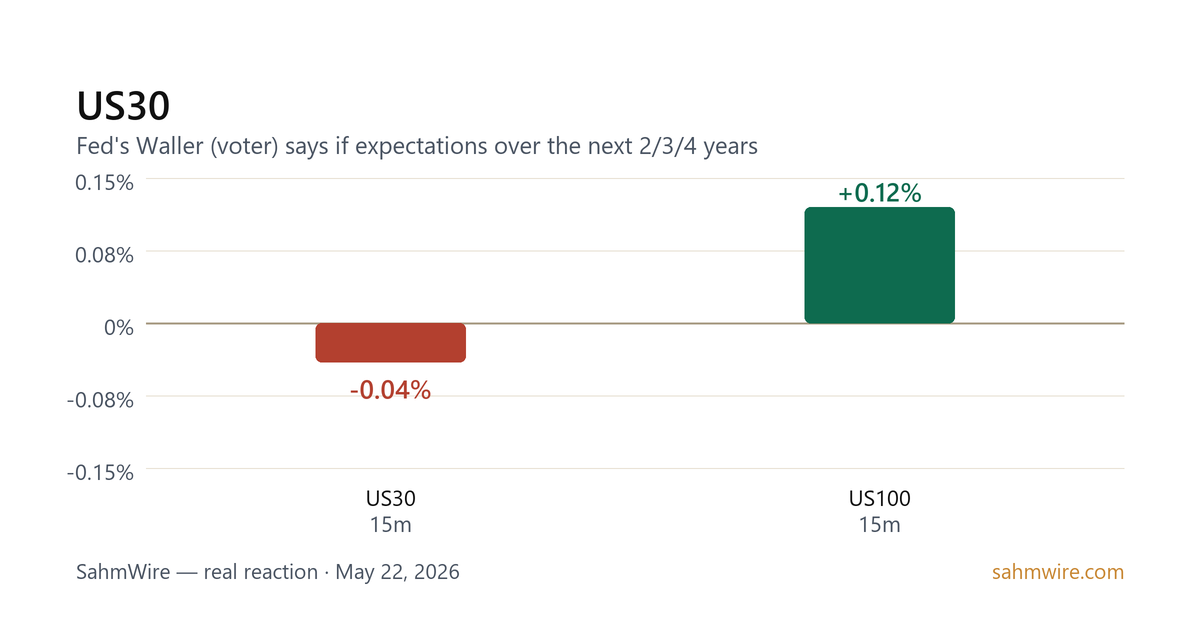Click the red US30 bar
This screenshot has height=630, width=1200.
click(x=391, y=343)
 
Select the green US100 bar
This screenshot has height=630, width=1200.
click(x=880, y=265)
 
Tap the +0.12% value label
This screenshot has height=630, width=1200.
click(x=880, y=193)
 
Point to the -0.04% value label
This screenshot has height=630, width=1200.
click(x=391, y=390)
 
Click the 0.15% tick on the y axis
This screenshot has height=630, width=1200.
click(x=104, y=183)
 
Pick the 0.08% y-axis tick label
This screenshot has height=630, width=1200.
click(x=104, y=255)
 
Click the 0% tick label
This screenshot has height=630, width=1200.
click(x=119, y=327)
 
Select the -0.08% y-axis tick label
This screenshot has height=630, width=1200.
click(x=100, y=400)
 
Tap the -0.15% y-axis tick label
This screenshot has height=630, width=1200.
click(x=100, y=472)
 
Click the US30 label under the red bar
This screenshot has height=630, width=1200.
click(x=391, y=499)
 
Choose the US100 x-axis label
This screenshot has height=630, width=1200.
click(x=880, y=499)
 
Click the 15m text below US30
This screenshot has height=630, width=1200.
click(x=391, y=525)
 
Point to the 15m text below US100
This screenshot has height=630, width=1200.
click(x=880, y=525)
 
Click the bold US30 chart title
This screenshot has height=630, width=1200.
click(x=123, y=106)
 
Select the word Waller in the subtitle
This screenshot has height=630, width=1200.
click(x=170, y=146)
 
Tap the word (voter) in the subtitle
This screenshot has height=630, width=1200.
click(x=244, y=146)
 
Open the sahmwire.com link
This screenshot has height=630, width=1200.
click(x=1058, y=572)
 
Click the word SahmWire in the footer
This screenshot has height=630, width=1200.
click(x=123, y=572)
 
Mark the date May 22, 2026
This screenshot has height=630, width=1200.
click(x=398, y=572)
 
